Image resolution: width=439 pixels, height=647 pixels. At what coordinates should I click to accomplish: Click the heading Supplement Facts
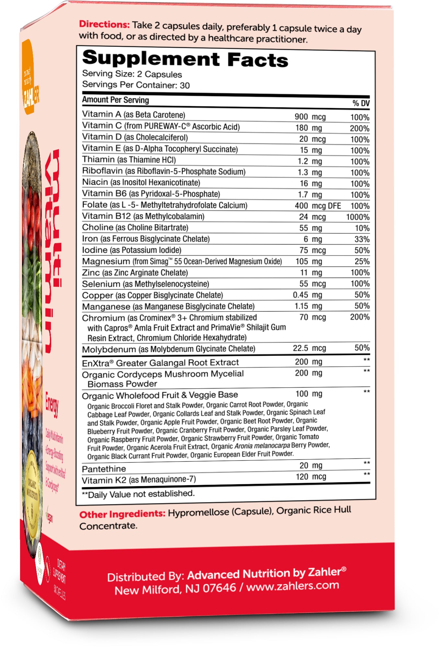185,59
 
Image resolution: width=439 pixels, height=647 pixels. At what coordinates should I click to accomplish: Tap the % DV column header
361,103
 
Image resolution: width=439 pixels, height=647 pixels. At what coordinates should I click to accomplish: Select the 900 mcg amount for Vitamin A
310,117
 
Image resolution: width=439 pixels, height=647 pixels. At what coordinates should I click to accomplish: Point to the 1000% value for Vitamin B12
357,217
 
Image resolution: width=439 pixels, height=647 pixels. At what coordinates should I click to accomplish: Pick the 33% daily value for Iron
362,239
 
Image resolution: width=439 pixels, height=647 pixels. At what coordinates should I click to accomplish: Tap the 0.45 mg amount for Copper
307,295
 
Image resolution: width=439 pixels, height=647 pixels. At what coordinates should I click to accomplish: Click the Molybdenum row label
109,349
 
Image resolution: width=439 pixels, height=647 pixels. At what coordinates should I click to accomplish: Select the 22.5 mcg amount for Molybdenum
309,348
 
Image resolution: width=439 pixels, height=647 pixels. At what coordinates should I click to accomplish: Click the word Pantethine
104,469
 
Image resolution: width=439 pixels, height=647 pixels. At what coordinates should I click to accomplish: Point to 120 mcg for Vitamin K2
311,477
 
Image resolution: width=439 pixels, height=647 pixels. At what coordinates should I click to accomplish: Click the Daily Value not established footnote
138,494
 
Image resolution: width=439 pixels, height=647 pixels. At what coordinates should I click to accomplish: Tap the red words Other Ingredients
122,514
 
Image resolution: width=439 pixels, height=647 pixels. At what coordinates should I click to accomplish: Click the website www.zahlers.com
293,586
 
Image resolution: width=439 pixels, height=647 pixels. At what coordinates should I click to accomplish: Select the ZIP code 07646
219,588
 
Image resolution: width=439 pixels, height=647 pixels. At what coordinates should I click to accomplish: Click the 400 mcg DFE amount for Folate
318,206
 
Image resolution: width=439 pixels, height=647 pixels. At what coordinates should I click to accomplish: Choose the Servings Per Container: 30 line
136,85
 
